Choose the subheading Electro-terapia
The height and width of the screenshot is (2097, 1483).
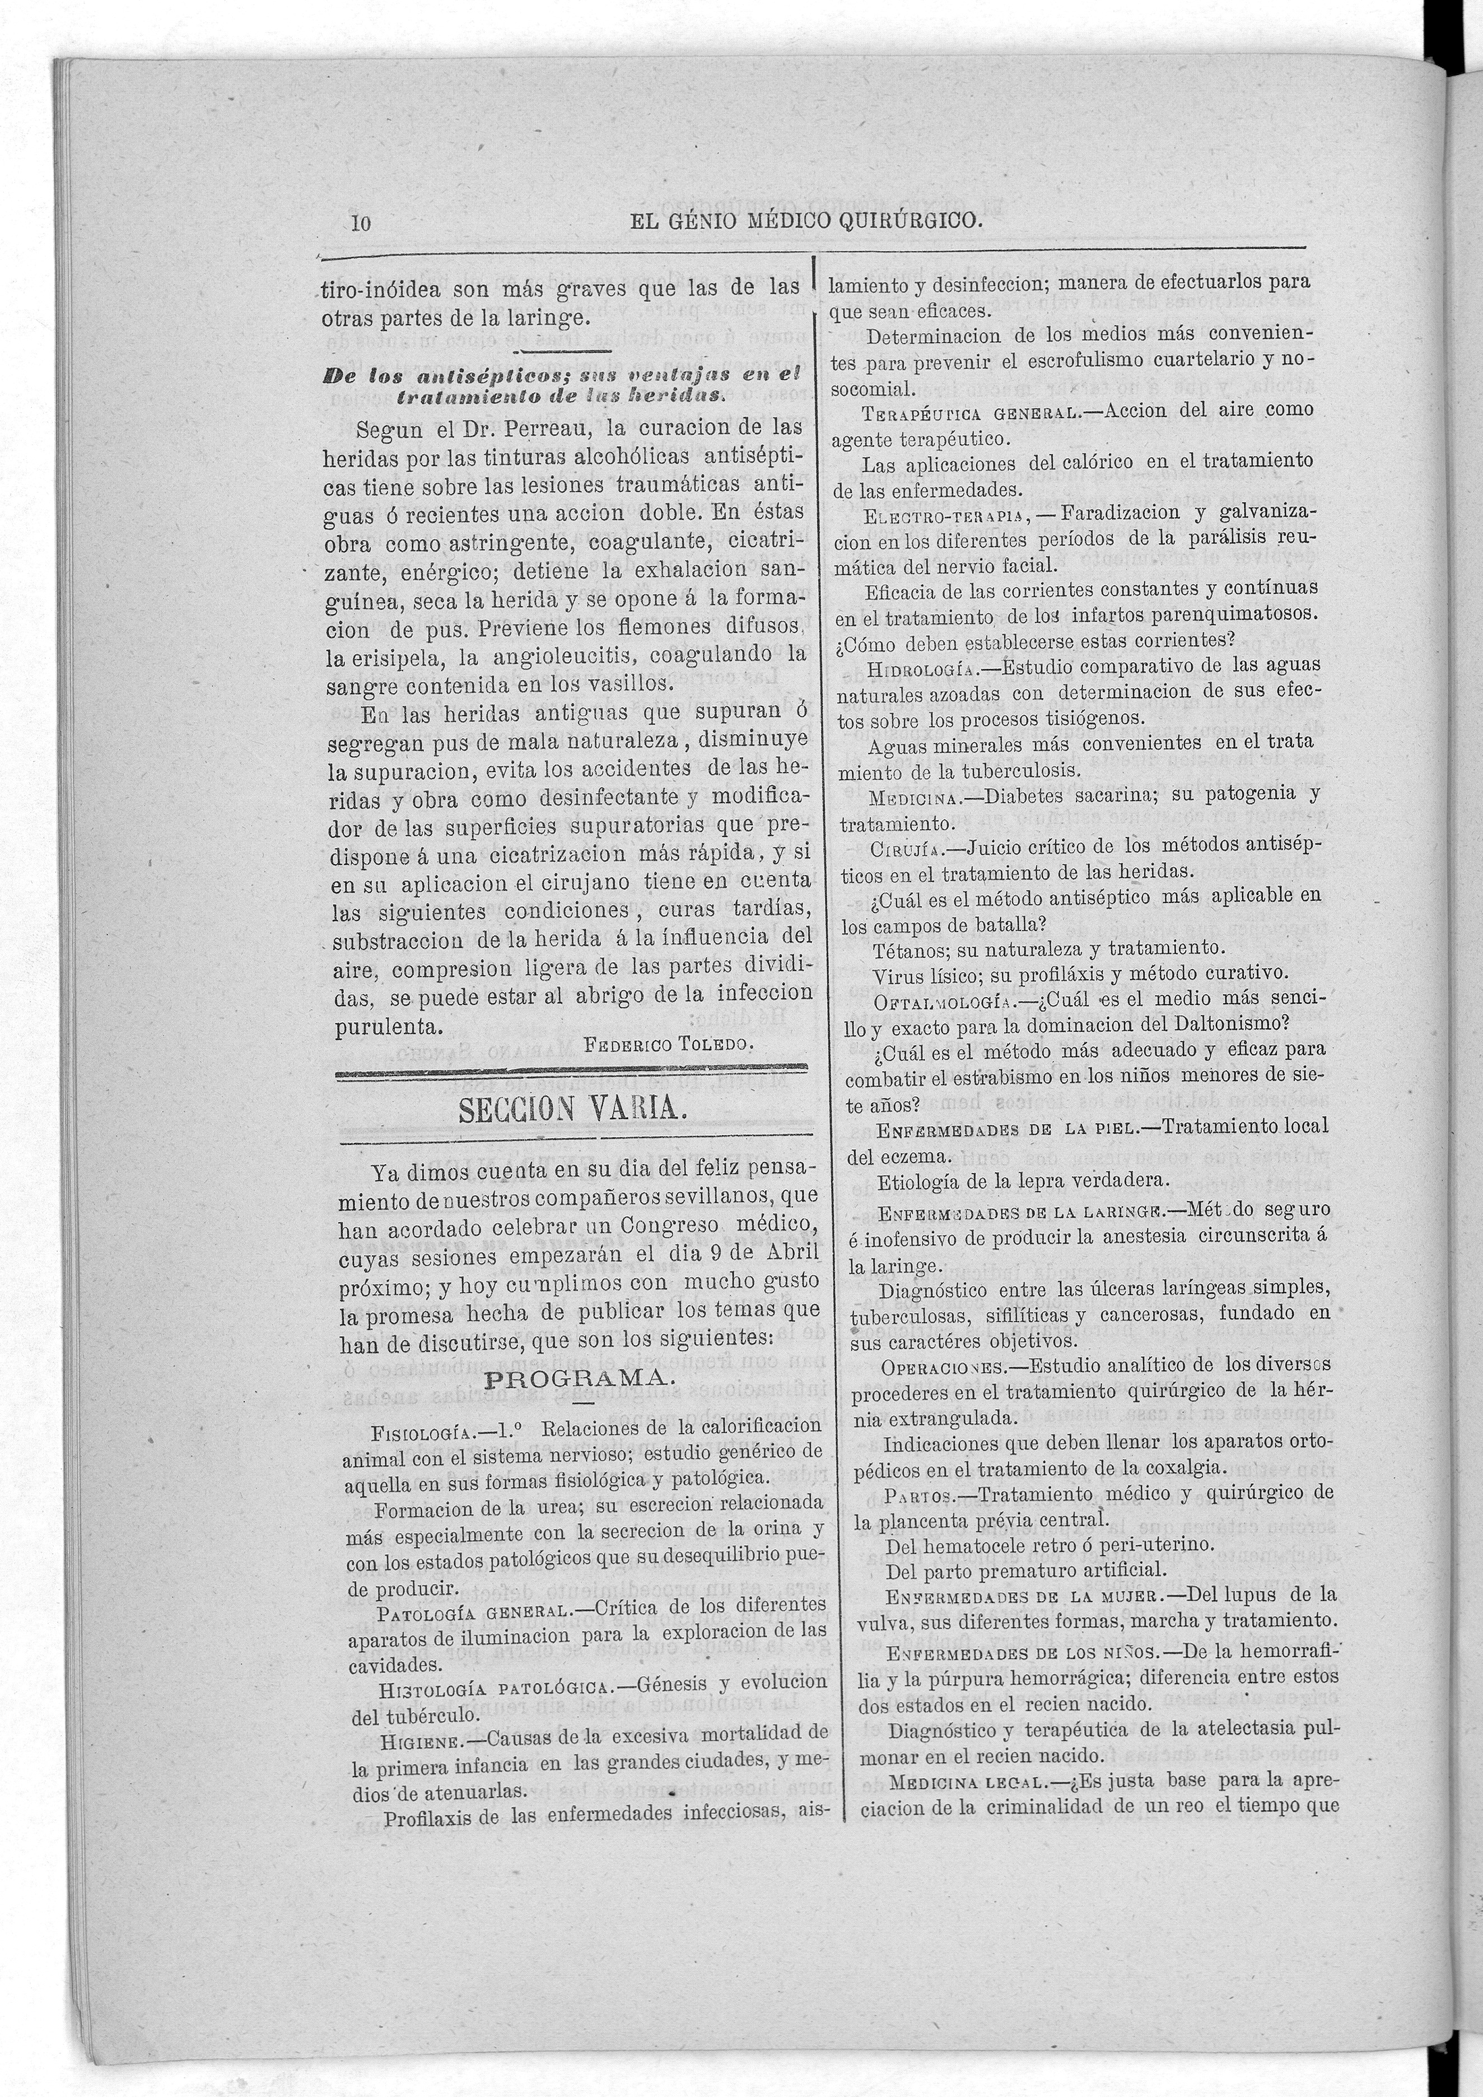(x=943, y=515)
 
